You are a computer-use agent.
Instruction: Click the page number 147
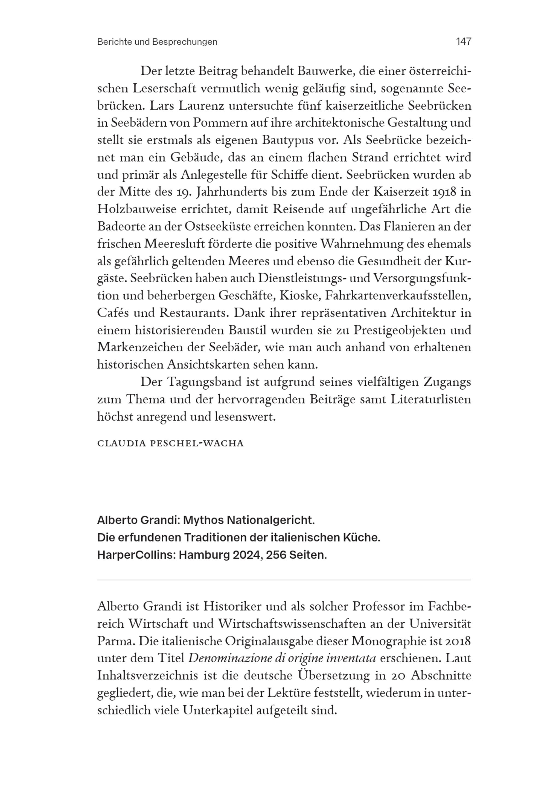pyautogui.click(x=463, y=42)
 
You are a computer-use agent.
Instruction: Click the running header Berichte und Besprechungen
pyautogui.click(x=157, y=42)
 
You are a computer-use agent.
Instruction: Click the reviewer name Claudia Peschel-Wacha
pyautogui.click(x=170, y=443)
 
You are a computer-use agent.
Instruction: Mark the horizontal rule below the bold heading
pyautogui.click(x=284, y=580)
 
